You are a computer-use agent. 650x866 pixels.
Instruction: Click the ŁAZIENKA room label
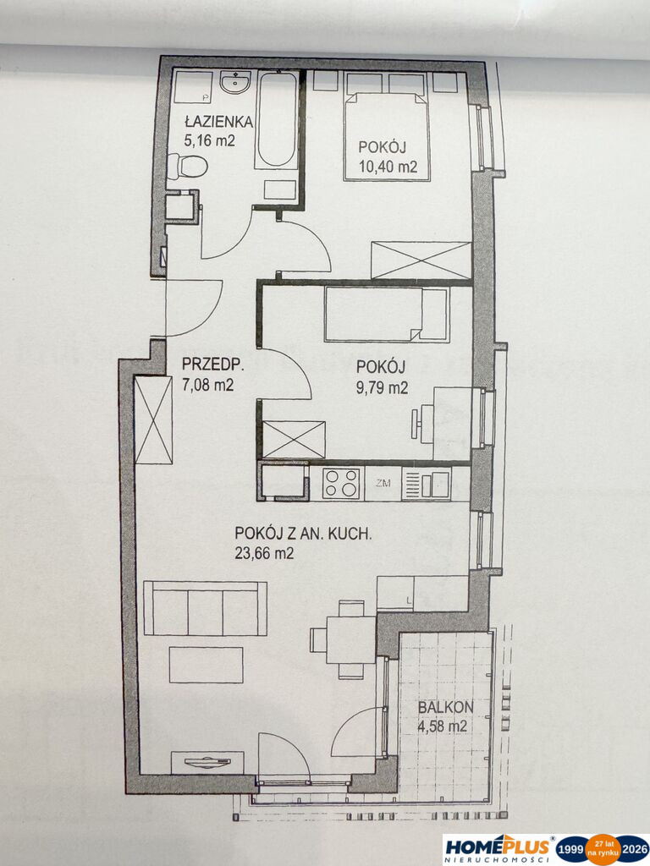(x=218, y=121)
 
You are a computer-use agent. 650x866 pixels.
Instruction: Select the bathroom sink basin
(x=235, y=83)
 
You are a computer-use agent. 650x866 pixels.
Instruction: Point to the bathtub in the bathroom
(x=277, y=120)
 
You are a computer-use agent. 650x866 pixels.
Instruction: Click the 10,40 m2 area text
(x=388, y=166)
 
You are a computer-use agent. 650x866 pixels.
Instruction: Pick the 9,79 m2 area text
(x=383, y=387)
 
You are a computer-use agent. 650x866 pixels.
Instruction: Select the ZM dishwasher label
(x=383, y=484)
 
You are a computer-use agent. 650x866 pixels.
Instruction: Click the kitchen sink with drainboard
(x=427, y=484)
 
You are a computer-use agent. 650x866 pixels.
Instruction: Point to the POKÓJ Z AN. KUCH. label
(x=303, y=534)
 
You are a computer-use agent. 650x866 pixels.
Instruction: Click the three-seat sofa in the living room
(x=205, y=608)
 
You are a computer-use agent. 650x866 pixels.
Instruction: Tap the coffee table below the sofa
(x=207, y=665)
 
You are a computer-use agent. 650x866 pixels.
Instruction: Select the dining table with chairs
(x=344, y=639)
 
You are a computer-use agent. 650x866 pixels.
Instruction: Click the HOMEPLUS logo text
(x=497, y=847)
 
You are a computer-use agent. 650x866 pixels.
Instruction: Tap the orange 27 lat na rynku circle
(x=602, y=849)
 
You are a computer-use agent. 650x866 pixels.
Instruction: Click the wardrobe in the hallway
(x=154, y=420)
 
